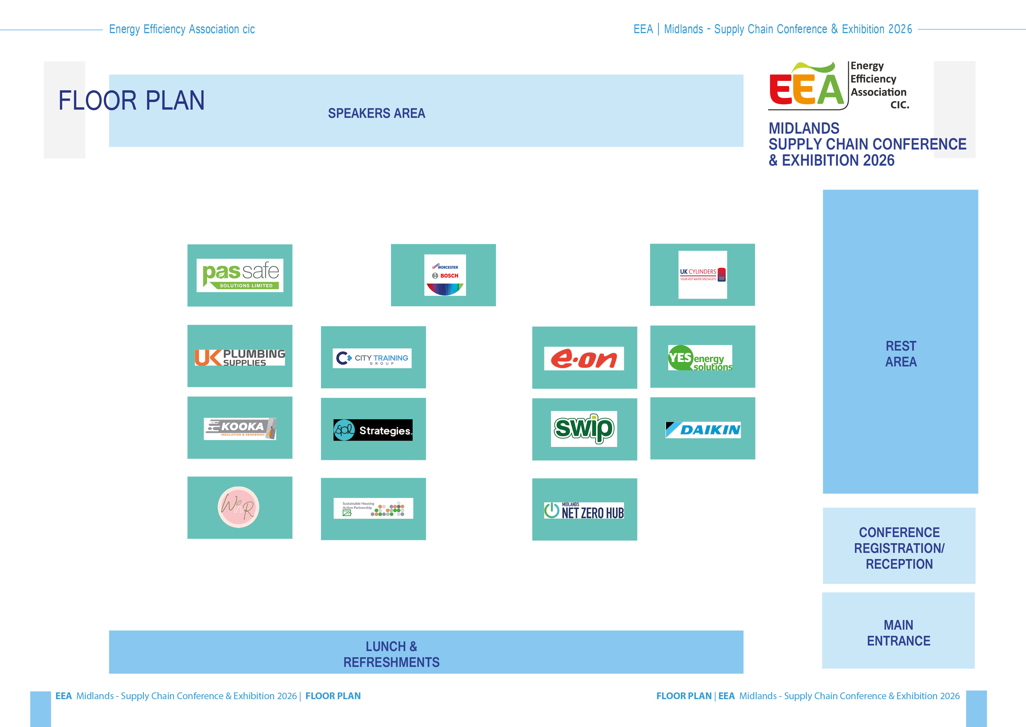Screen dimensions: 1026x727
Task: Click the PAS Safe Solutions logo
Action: (x=240, y=275)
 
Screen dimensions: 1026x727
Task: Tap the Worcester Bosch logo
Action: (x=445, y=275)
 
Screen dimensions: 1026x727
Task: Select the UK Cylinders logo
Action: (x=703, y=274)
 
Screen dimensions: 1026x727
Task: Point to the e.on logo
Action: (x=584, y=359)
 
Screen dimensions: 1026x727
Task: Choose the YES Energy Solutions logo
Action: (x=700, y=358)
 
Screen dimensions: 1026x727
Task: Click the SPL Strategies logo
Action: (x=373, y=430)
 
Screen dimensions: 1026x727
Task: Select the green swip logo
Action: (x=584, y=428)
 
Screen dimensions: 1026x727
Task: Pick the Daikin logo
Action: (x=703, y=430)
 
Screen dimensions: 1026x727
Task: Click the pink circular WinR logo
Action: (x=238, y=507)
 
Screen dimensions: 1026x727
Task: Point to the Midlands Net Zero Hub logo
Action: (x=584, y=510)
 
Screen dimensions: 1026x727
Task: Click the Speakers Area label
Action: (x=376, y=113)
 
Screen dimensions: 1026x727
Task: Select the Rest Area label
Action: (x=901, y=354)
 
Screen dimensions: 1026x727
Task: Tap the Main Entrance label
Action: (x=898, y=633)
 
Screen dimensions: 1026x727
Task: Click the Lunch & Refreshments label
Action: (x=391, y=654)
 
